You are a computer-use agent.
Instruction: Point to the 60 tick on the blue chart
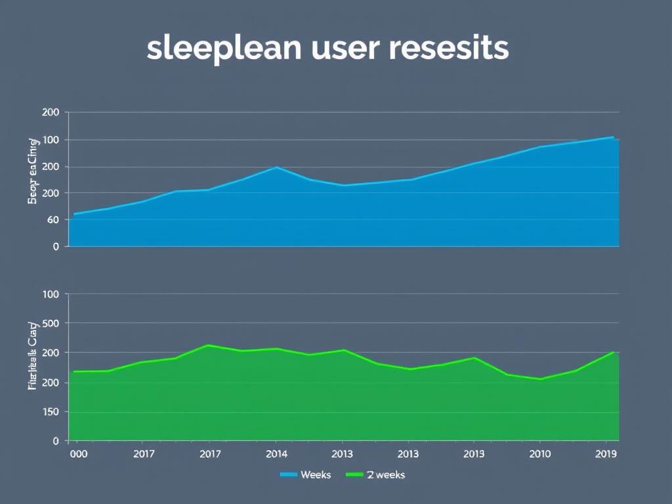53,220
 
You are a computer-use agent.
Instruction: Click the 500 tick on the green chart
51,324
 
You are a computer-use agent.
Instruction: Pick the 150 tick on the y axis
51,412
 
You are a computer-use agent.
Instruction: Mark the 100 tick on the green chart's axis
51,295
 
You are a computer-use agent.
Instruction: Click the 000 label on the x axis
77,453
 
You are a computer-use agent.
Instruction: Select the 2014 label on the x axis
276,453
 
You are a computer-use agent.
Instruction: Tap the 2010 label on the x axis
539,453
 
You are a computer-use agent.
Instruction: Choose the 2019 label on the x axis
605,453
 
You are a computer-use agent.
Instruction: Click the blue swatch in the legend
288,474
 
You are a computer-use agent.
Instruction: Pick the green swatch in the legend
354,474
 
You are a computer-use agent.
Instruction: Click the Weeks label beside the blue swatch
316,474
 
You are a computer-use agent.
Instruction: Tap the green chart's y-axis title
32,355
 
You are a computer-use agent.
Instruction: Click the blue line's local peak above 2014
277,167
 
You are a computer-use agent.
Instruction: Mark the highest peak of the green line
208,345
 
